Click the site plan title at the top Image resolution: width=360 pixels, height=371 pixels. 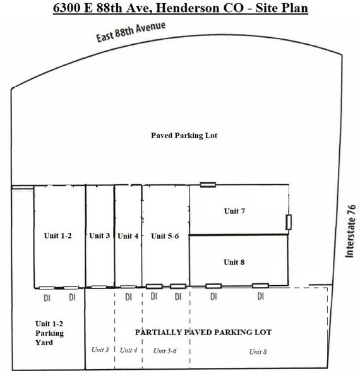click(181, 9)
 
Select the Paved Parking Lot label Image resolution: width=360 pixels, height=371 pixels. click(184, 135)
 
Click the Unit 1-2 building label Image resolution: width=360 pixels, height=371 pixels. click(57, 235)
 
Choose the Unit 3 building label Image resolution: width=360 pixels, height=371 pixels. click(100, 235)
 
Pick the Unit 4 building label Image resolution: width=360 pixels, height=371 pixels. click(128, 235)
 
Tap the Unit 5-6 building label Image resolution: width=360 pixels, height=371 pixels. click(164, 235)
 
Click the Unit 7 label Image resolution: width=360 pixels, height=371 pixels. click(234, 211)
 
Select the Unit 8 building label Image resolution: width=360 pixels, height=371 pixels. click(234, 261)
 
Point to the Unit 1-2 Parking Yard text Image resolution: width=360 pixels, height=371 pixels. click(49, 333)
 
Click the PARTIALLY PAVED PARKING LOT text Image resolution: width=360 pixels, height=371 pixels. click(203, 332)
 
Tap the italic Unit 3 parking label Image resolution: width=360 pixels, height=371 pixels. click(100, 350)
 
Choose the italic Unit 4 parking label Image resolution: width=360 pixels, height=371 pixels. click(128, 350)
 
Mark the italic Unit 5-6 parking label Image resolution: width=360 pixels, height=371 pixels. click(165, 350)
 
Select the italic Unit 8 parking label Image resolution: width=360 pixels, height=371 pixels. click(258, 351)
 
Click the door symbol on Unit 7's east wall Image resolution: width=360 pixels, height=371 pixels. click(288, 221)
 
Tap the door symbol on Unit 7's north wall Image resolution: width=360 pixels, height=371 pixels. click(208, 185)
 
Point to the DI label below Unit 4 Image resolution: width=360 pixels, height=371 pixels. click(128, 297)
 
